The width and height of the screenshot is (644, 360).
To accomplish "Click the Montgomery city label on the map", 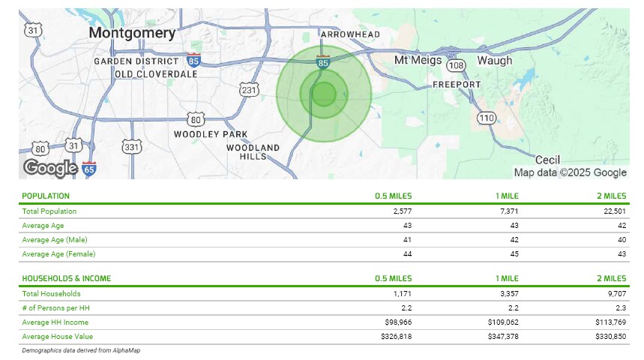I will tap(132, 34).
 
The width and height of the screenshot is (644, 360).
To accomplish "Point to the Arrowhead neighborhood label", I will tap(350, 34).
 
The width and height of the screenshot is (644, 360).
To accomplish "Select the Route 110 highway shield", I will tap(487, 118).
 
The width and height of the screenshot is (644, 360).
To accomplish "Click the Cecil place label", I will tap(549, 160).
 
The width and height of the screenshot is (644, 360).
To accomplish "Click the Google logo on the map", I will tap(50, 167).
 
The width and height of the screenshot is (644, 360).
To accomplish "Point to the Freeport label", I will tap(457, 85).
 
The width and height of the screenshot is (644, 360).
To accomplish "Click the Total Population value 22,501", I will tap(612, 211).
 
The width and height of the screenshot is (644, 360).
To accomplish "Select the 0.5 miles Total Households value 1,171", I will tap(402, 294).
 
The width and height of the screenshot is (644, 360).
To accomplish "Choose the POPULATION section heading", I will tap(46, 196).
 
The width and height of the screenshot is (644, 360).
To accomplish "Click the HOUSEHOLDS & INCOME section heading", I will tap(67, 279).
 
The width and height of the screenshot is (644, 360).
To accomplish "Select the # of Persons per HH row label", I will tap(50, 308).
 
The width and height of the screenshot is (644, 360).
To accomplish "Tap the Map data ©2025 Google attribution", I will tap(570, 172).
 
